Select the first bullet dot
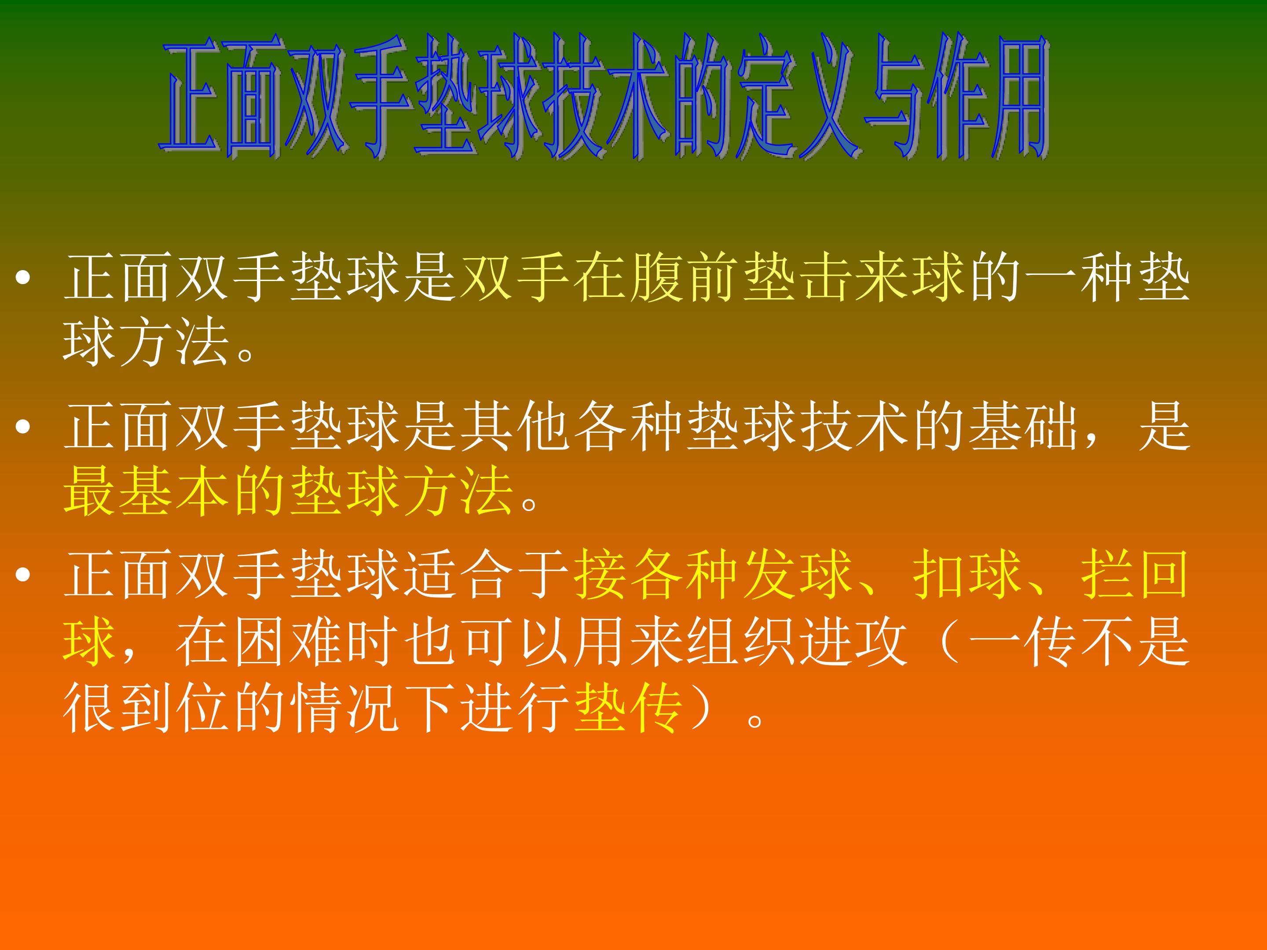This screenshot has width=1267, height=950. [23, 278]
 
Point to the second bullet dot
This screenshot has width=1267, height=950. [23, 427]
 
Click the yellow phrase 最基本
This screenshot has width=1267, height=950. [146, 491]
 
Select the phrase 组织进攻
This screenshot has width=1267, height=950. [796, 641]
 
